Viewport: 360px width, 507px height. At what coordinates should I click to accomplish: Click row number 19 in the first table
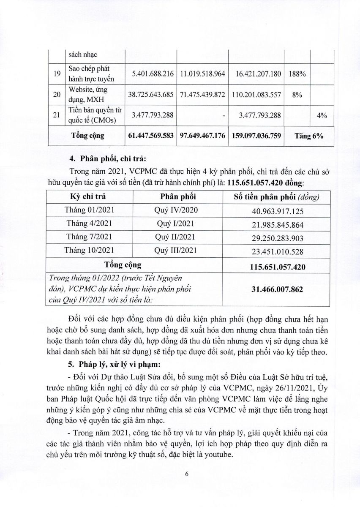tap(57, 74)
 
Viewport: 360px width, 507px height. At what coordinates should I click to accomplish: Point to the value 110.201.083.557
tap(256, 95)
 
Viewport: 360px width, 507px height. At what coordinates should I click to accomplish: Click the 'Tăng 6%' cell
tap(309, 136)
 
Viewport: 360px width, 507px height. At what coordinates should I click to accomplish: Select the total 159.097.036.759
tap(256, 136)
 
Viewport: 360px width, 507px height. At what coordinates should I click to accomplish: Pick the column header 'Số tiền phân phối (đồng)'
tap(277, 196)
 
